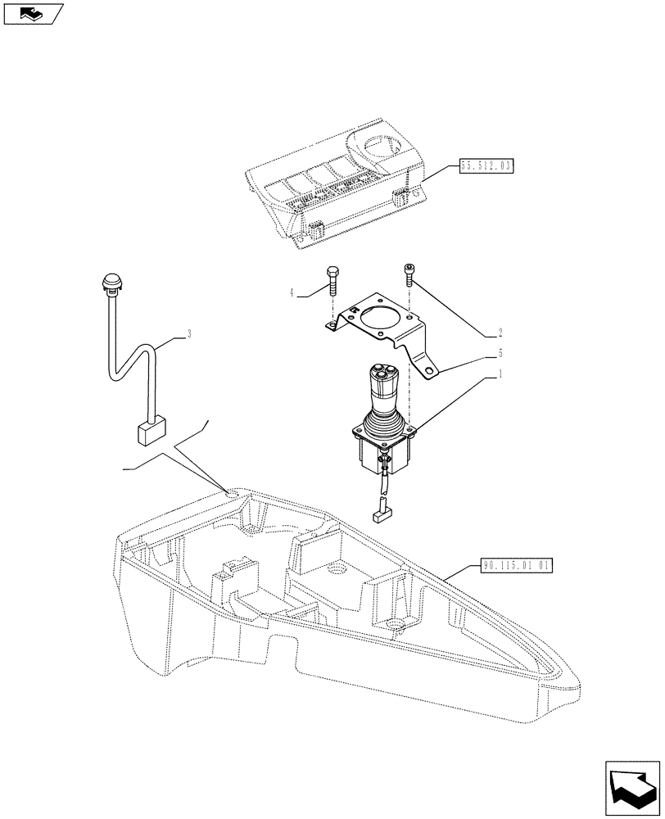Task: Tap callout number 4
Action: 292,292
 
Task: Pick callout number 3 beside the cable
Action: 189,333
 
